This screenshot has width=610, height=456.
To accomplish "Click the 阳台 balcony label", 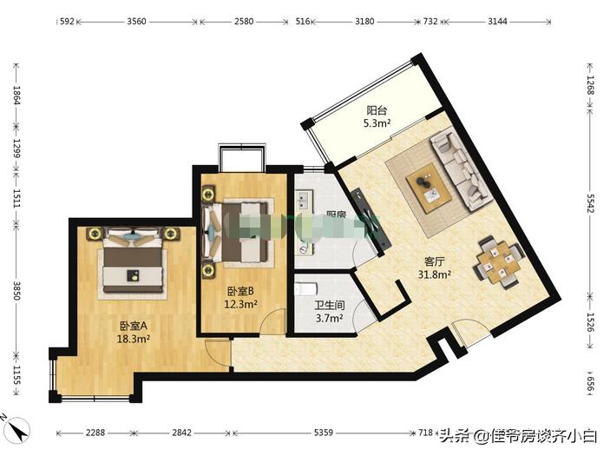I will coord(377,110).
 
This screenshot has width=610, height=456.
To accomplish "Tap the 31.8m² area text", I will coord(436,275).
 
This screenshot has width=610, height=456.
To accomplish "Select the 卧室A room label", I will coord(134,326).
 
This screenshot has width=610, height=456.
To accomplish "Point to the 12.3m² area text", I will coord(240,304).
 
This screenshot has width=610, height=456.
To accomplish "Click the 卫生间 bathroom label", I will coord(329,306).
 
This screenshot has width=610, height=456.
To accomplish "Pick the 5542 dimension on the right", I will coord(590,202).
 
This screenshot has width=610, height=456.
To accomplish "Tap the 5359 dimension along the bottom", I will coord(323,433).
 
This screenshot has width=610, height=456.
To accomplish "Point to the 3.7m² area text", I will coord(329,319).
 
